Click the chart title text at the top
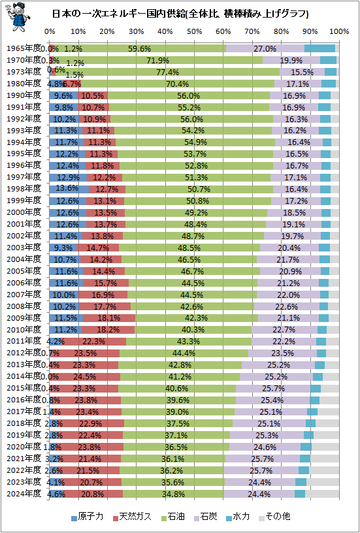180,14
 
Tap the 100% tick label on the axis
339,32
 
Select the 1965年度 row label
24,48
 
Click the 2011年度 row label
24,341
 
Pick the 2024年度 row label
24,494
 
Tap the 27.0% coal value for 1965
265,48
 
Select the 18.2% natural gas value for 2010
108,329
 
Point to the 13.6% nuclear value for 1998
68,189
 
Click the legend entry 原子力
87,516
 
